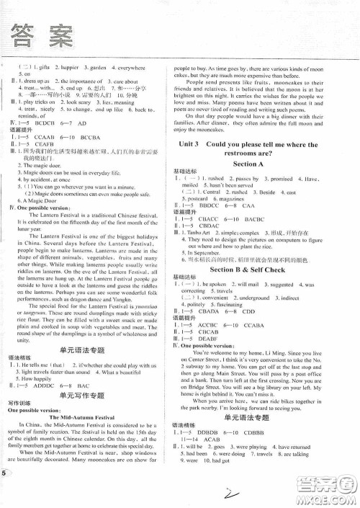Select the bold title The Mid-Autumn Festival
tap(84, 416)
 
